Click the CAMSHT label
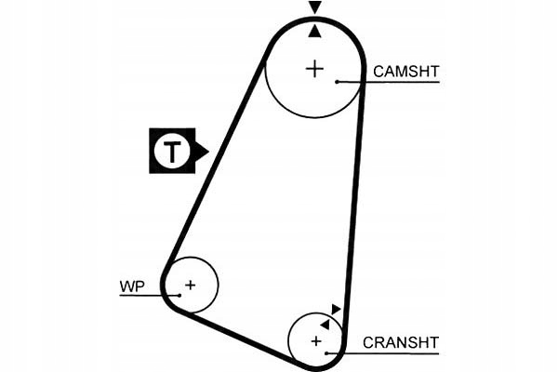point(405,71)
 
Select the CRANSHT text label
point(400,342)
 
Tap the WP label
point(132,286)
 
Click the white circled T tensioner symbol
point(171,151)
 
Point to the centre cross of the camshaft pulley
point(315,68)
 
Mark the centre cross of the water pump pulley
point(190,285)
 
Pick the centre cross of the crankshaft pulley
point(316,342)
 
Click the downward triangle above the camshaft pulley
point(315,8)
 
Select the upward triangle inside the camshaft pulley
point(315,31)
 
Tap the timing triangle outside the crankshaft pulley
point(337,309)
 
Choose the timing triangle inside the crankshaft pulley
point(325,323)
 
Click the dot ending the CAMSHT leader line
point(338,82)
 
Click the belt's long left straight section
point(216,158)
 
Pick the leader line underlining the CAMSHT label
point(400,82)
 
